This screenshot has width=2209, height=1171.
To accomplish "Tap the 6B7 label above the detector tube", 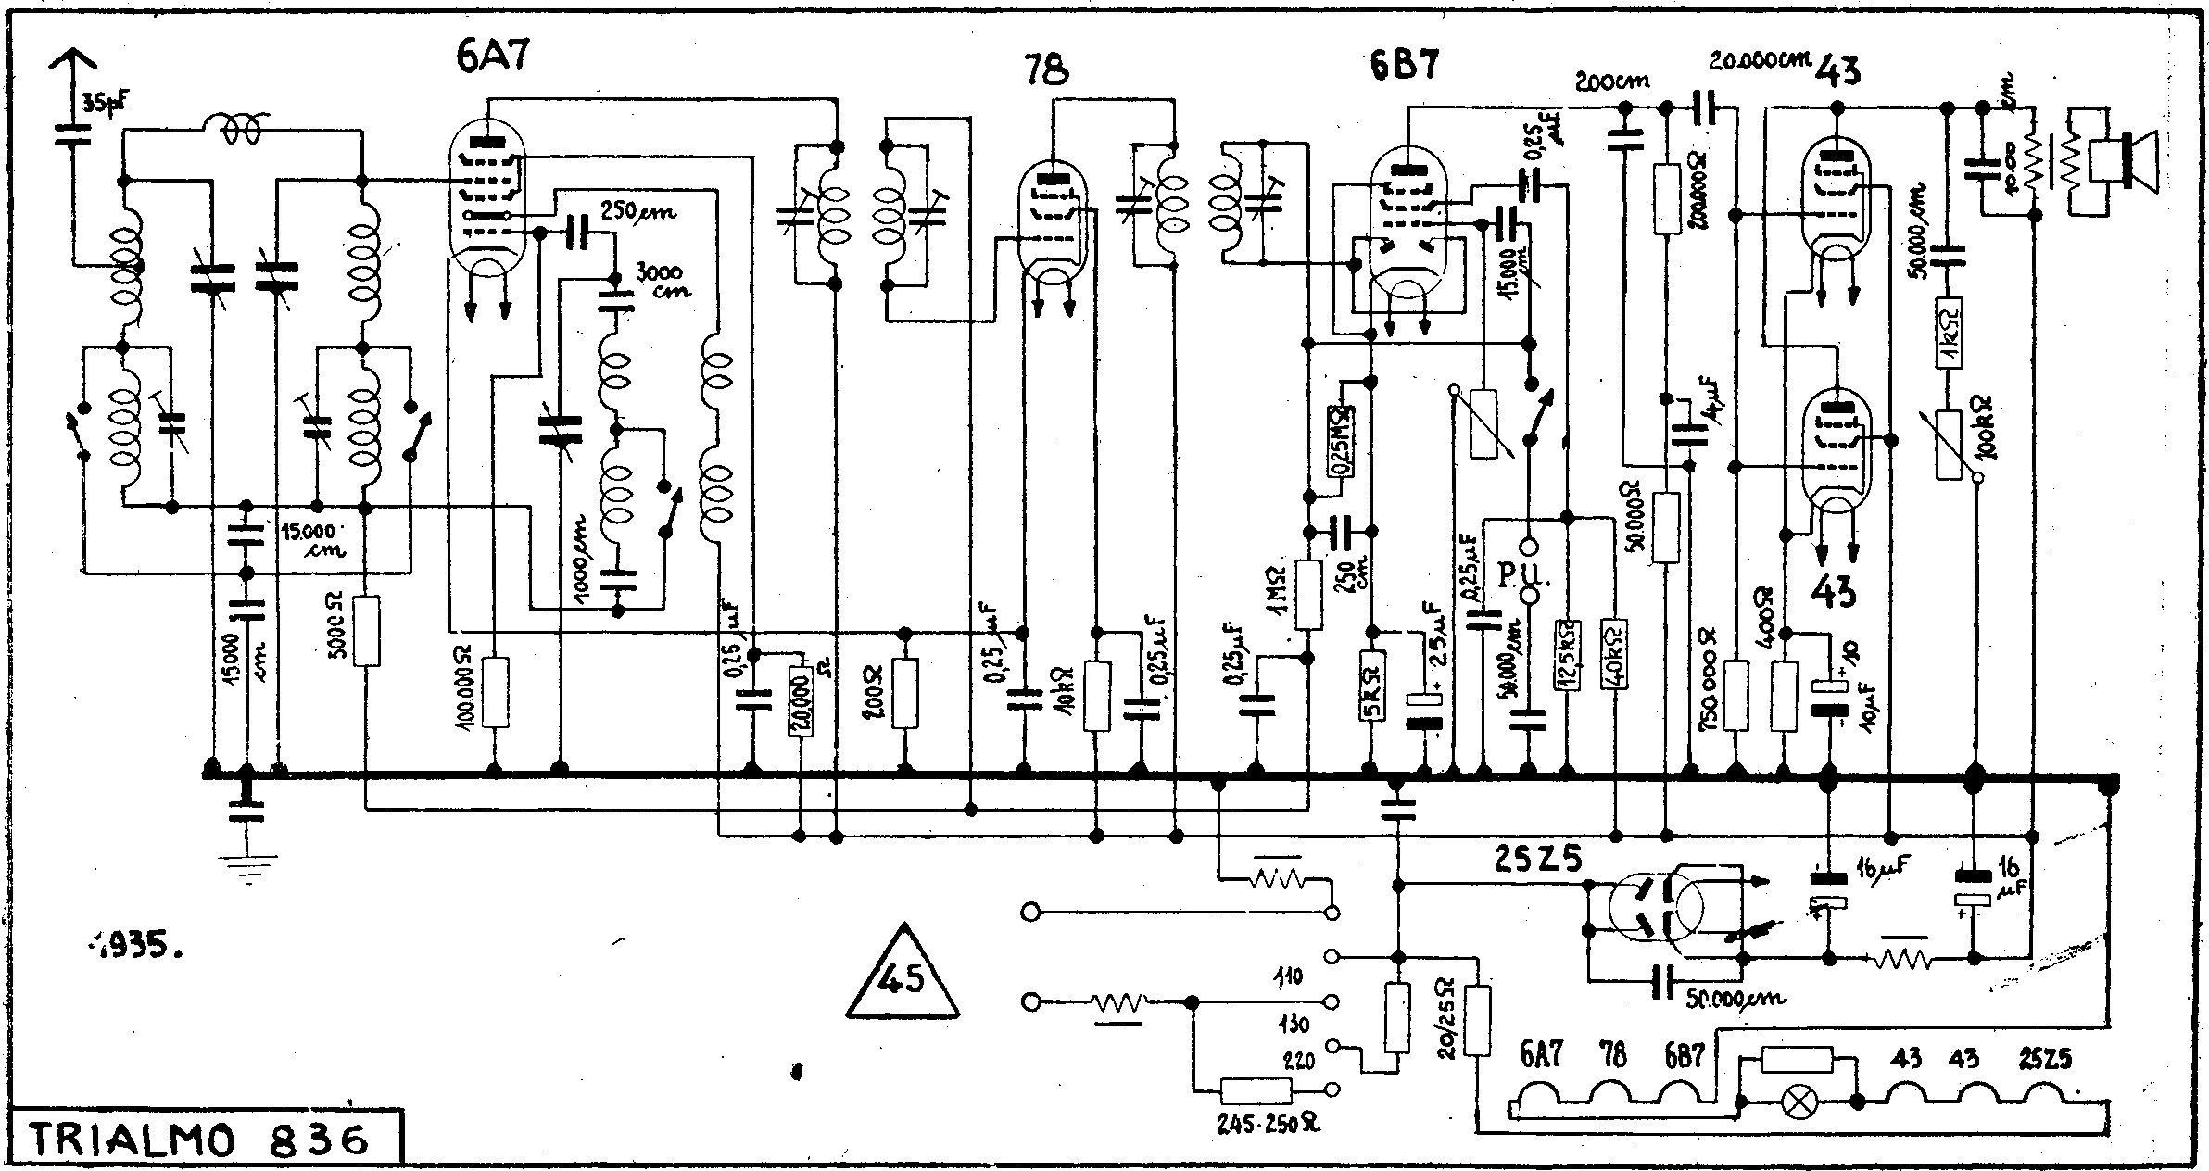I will [1405, 67].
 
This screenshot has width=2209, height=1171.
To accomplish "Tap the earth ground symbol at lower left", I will [246, 866].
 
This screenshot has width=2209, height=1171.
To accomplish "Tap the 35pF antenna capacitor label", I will [104, 104].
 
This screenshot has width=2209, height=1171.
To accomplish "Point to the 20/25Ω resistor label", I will [1445, 1016].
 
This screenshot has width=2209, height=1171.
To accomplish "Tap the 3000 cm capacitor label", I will [661, 281].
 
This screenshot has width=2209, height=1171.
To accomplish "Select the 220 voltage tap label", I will [1299, 1062].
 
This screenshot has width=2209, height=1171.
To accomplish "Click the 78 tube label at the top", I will [1048, 70].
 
